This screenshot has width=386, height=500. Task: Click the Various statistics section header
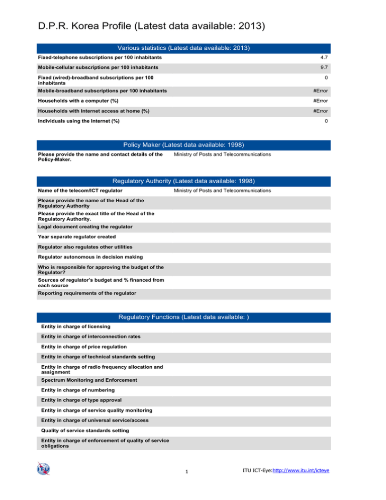[183, 48]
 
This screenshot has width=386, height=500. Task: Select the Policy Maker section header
[183, 145]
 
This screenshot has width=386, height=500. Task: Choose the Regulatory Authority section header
[183, 181]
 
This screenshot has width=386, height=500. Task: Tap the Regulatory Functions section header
[183, 317]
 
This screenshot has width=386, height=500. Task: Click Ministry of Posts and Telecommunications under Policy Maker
[222, 154]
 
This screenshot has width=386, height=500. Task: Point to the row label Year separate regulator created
[76, 236]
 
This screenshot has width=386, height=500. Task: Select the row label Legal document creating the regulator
[85, 227]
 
